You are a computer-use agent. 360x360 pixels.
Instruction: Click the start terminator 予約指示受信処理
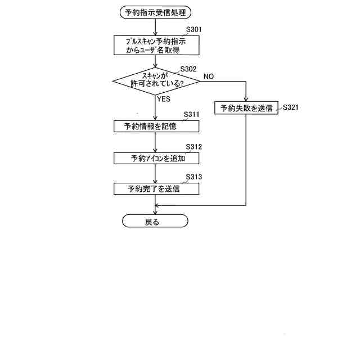tap(155, 11)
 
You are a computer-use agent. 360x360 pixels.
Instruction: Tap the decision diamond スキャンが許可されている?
tap(155, 80)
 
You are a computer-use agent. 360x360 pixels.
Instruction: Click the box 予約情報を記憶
tap(155, 127)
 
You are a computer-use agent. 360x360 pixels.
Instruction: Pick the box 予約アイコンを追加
tap(155, 158)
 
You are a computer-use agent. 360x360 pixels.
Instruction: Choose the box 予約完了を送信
tap(155, 189)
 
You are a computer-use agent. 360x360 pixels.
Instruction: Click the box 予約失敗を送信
tap(246, 109)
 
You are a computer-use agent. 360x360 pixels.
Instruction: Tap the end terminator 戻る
tap(155, 222)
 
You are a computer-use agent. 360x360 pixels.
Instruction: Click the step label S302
tap(188, 69)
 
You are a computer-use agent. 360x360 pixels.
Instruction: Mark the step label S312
tap(193, 147)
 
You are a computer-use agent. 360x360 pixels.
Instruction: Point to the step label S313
tap(193, 177)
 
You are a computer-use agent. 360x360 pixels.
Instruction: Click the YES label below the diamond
tap(164, 99)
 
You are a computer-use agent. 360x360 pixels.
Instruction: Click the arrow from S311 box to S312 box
tap(155, 142)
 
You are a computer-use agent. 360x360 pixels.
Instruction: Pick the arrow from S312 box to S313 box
tap(155, 174)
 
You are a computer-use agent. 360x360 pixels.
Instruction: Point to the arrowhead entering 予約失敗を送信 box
tap(246, 99)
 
